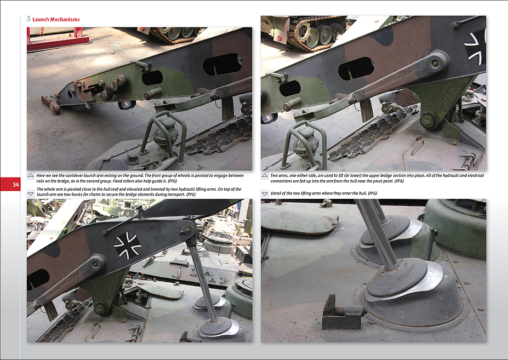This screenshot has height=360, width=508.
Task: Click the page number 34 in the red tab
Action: [x=15, y=185]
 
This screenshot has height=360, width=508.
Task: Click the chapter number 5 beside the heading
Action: [x=28, y=19]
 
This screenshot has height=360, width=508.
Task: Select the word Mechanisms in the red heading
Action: [x=64, y=20]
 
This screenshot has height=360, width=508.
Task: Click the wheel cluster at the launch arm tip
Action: [x=50, y=104]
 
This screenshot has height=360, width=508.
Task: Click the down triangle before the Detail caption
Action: [x=265, y=193]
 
